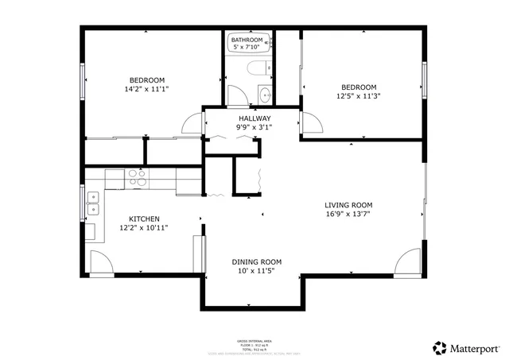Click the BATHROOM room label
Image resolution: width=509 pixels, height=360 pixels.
click(247, 40)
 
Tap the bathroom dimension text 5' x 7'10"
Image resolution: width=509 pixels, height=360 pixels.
click(247, 47)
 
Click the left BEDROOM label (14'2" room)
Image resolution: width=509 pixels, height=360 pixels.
click(147, 79)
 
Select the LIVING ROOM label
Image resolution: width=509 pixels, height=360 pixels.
click(348, 204)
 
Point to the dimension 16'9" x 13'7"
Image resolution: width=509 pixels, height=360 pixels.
click(348, 213)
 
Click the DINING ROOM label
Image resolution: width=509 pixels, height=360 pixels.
click(256, 262)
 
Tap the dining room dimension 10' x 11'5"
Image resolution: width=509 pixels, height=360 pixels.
click(256, 271)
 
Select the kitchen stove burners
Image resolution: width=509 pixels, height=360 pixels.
click(138, 177)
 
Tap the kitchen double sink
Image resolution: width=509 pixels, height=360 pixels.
click(93, 204)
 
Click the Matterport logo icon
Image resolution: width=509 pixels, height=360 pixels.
click(438, 347)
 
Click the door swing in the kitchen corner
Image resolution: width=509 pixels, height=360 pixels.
click(101, 262)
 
